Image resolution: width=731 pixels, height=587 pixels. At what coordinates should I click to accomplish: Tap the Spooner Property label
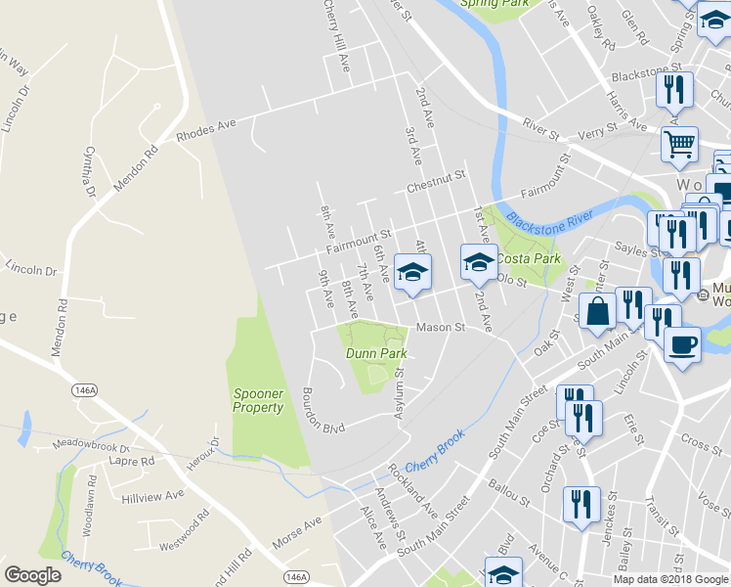tap(258, 400)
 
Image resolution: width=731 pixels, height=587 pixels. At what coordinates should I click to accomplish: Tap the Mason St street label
tap(439, 328)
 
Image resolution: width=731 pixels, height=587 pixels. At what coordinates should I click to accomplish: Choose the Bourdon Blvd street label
tap(324, 411)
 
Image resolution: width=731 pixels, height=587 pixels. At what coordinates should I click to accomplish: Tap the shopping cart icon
tap(679, 145)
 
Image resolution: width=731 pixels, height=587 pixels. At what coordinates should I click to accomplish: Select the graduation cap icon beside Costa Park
tap(479, 261)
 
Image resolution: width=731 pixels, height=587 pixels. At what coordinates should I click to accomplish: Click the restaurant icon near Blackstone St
tap(675, 90)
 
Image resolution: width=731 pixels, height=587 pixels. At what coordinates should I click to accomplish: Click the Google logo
tap(32, 575)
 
